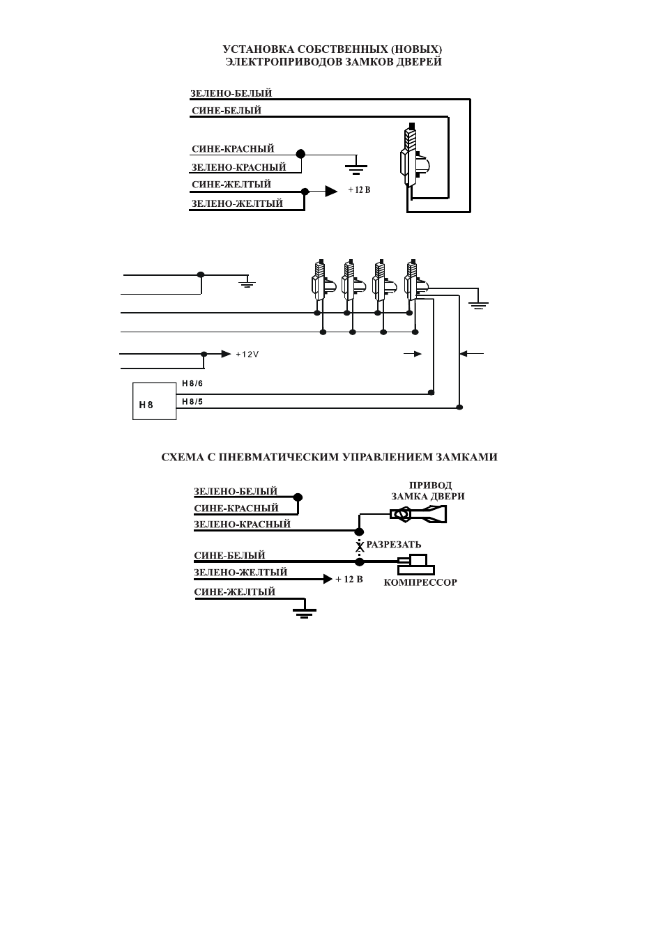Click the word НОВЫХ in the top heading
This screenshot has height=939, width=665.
click(x=417, y=49)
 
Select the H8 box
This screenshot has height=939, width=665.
click(x=154, y=401)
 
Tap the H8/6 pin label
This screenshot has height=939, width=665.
click(x=192, y=383)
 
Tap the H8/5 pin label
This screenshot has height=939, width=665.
click(x=192, y=402)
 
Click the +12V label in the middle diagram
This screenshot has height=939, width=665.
click(x=247, y=355)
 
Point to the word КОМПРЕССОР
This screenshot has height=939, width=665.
click(x=420, y=582)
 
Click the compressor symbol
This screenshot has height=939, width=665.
click(x=415, y=564)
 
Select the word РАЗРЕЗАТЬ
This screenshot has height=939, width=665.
click(x=394, y=545)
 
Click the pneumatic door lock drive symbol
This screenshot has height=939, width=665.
click(x=418, y=514)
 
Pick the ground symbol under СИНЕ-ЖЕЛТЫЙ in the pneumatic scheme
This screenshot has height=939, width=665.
click(x=305, y=612)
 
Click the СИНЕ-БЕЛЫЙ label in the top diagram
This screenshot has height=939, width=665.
click(x=227, y=111)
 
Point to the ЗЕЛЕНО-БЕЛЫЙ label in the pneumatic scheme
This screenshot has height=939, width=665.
click(x=236, y=491)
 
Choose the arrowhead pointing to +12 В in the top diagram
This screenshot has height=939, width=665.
click(x=331, y=191)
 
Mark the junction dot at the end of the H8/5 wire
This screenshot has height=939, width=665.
click(x=459, y=407)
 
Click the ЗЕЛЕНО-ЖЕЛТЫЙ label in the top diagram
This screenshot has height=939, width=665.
click(x=237, y=203)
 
